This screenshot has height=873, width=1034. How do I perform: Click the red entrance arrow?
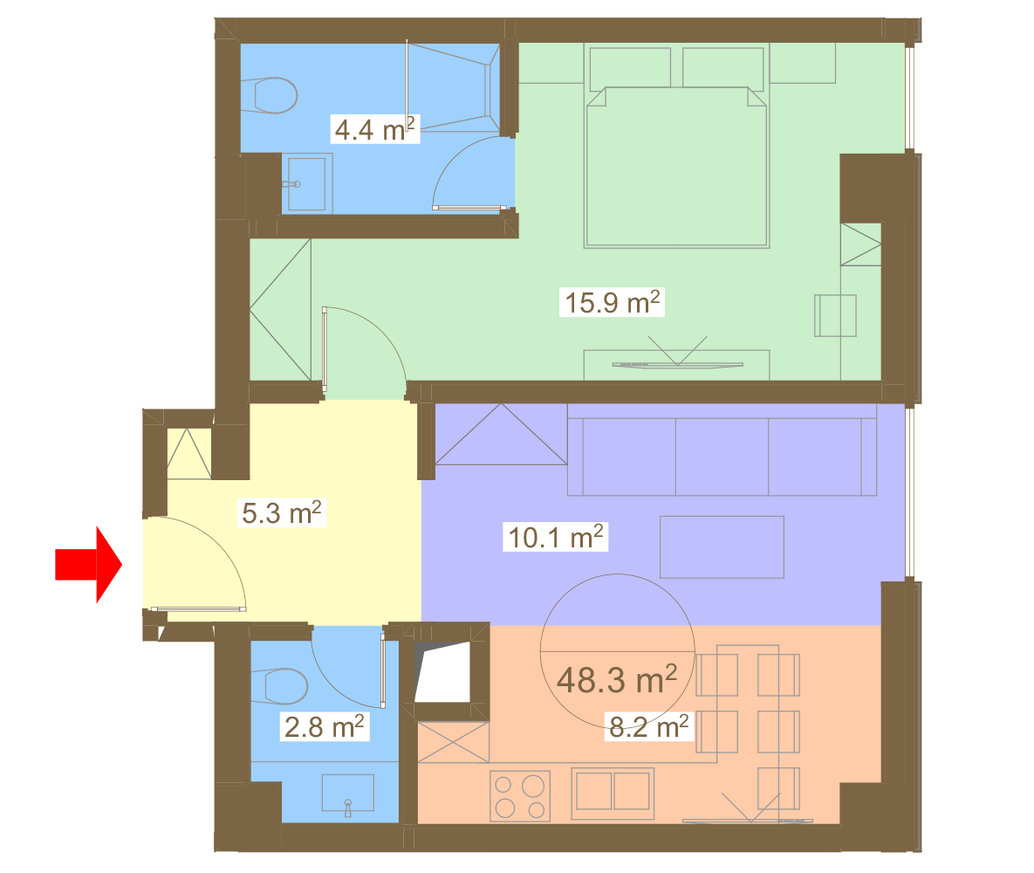(88, 564)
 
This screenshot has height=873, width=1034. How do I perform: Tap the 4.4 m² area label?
(374, 128)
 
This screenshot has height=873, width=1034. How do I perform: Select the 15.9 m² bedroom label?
(612, 302)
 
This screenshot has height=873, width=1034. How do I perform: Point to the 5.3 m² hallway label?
(282, 512)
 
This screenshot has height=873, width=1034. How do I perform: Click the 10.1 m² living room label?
(555, 537)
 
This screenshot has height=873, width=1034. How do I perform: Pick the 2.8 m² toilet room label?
(324, 726)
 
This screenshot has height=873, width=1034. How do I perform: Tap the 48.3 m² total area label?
(617, 679)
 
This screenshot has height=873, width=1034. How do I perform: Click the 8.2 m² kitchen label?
(649, 726)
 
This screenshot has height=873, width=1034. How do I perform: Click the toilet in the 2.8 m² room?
(279, 686)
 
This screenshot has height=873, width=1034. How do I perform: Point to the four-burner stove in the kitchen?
(520, 796)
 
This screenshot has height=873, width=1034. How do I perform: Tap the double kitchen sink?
(613, 792)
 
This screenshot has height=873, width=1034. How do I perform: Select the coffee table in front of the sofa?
(722, 547)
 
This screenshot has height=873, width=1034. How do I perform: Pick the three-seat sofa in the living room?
(722, 450)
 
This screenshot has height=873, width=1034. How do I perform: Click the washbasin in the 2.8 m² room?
(347, 794)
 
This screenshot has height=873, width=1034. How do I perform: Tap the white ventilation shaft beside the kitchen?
(442, 671)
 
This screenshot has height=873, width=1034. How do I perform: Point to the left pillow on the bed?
(630, 67)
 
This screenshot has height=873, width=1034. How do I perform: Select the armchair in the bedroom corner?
(836, 315)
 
